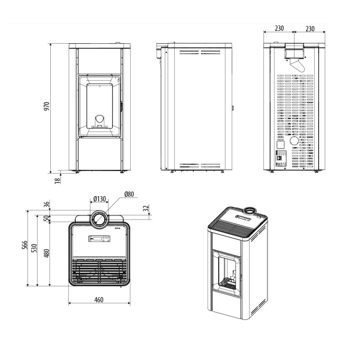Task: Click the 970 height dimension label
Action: [46, 107]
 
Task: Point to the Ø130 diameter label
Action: [99, 199]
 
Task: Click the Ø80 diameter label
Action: [129, 194]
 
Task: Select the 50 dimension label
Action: [46, 219]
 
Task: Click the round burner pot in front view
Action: [99, 120]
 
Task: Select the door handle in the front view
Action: [121, 106]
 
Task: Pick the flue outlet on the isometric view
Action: [249, 211]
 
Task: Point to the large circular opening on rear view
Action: [294, 140]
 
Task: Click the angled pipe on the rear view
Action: [297, 66]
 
